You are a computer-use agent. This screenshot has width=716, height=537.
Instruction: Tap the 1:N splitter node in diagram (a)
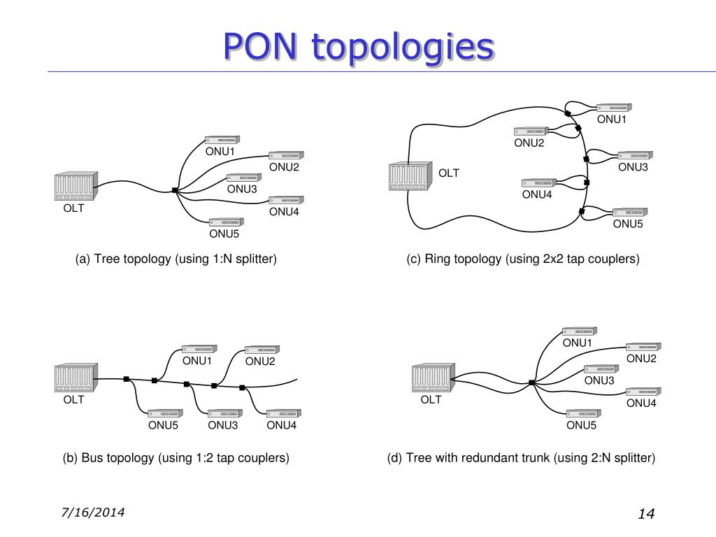[174, 190]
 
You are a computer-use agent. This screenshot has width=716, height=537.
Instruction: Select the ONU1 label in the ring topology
[611, 119]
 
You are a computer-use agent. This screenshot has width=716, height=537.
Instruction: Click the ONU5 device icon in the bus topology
[165, 413]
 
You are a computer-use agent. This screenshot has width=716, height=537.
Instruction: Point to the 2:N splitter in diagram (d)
[532, 382]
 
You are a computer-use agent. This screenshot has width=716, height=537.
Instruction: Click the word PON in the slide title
[260, 47]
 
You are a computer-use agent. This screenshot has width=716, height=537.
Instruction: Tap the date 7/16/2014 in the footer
[93, 513]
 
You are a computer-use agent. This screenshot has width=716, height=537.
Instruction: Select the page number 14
[646, 514]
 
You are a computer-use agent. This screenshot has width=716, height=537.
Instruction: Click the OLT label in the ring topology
[448, 173]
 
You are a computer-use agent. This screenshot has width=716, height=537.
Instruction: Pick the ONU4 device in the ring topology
[539, 183]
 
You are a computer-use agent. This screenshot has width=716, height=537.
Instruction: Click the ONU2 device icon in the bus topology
[262, 350]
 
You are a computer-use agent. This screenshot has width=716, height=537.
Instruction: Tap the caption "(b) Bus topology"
[108, 458]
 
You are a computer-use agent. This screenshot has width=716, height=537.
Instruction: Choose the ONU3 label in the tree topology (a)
[242, 189]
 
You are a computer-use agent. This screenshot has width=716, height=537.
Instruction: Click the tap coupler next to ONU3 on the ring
[587, 159]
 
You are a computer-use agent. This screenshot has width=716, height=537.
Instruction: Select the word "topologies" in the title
[403, 48]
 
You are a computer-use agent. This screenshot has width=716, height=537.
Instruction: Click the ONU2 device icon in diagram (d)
[643, 347]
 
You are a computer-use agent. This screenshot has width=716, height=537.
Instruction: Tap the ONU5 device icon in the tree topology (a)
[227, 222]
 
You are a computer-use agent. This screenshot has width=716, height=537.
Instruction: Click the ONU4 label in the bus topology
[281, 425]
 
